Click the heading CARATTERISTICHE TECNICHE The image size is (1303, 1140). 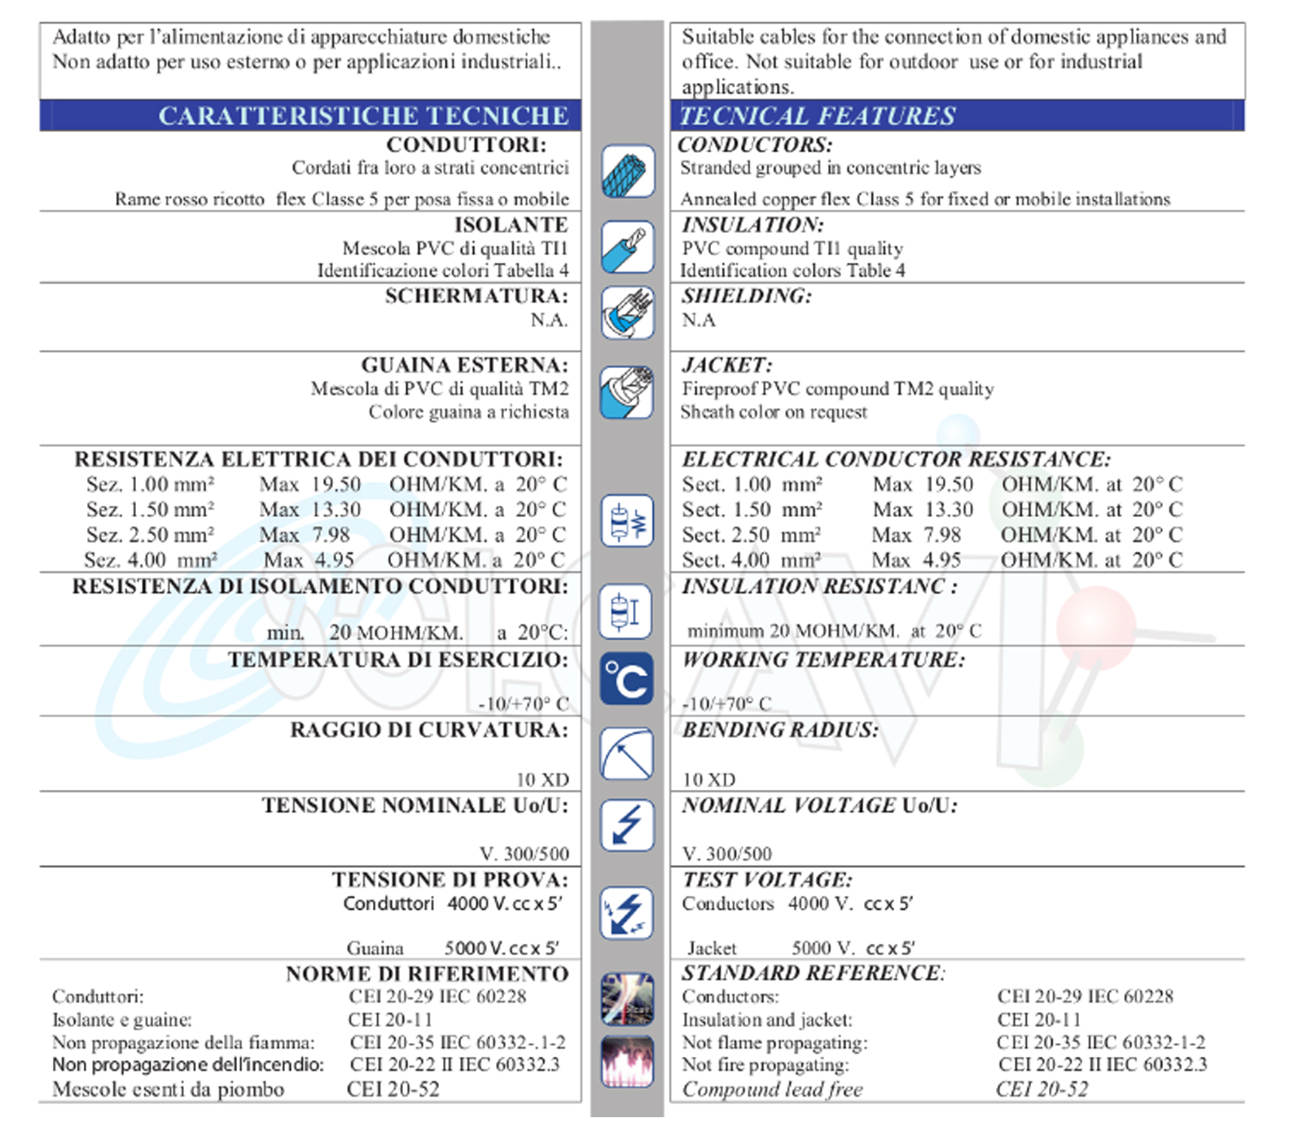click(x=363, y=116)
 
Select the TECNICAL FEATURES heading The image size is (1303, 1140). click(x=817, y=116)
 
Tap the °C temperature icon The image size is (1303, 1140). click(x=627, y=678)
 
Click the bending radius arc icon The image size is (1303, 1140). click(x=627, y=753)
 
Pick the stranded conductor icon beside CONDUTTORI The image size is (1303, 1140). click(x=628, y=171)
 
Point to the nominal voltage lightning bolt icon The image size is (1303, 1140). click(x=627, y=825)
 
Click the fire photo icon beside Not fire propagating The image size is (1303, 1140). click(x=627, y=1061)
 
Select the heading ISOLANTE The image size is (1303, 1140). click(x=511, y=225)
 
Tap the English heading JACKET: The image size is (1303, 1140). click(x=727, y=365)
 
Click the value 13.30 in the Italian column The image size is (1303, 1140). click(x=336, y=510)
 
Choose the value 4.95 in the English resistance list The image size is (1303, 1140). click(x=942, y=560)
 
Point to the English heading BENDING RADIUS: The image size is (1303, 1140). click(x=780, y=730)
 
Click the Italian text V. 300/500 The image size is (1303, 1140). click(x=524, y=853)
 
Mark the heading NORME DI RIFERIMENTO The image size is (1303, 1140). click(x=427, y=973)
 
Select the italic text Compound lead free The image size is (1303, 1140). click(x=772, y=1090)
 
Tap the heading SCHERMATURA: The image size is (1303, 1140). click(x=476, y=296)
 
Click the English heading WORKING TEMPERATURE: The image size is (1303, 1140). click(x=823, y=660)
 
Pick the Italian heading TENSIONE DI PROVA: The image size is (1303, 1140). click(x=450, y=879)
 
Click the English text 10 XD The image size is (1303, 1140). click(x=709, y=779)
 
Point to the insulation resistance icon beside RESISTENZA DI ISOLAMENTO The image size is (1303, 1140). click(x=626, y=611)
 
